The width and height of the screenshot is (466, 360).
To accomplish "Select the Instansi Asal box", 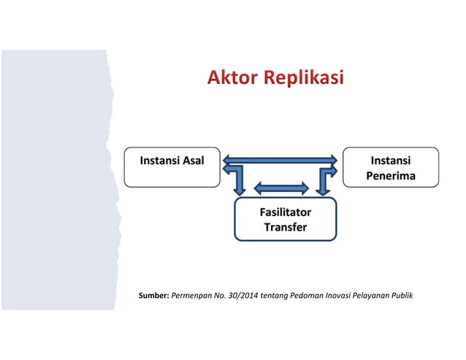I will coord(172,167).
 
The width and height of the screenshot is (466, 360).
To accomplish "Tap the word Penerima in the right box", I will coord(391,176).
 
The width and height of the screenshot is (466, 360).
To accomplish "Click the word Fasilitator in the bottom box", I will coord(285,212).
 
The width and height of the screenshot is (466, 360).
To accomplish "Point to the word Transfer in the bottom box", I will coord(285,227).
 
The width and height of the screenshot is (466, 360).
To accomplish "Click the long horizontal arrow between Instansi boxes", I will coord(280,159).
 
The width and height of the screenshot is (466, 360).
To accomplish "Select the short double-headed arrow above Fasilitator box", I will coord(281,188).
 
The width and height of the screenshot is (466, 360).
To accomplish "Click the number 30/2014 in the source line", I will coord(247,296).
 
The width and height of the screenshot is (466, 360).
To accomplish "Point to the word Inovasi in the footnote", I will coord(342,296).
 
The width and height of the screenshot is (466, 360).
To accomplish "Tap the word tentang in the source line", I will coord(279,296).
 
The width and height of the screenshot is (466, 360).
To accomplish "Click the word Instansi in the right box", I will coord(391,160).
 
